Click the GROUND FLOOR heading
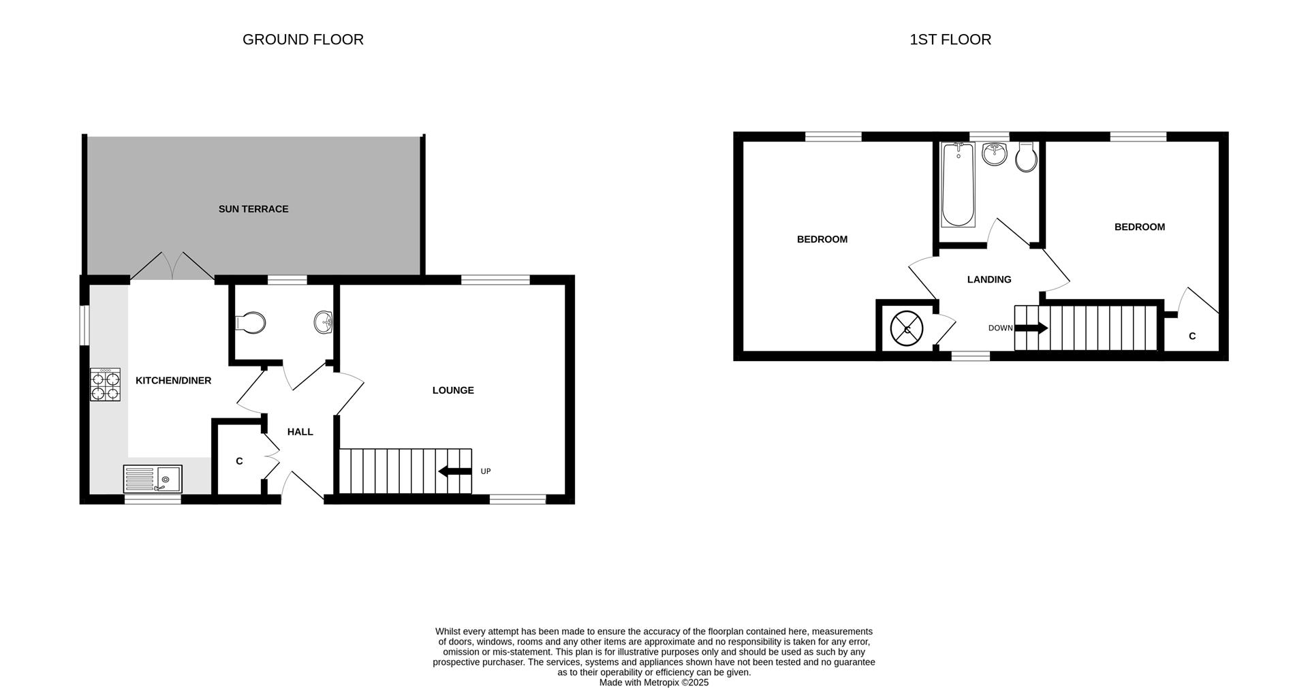tap(302, 40)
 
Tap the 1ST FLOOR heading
tap(950, 40)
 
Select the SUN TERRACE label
tap(253, 209)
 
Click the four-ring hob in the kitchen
tap(105, 384)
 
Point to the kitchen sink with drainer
tap(153, 478)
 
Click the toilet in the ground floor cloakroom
tap(251, 322)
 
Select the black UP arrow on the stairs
tap(455, 471)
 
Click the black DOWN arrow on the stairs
tap(1031, 328)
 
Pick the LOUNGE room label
tap(453, 390)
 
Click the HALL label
tap(300, 432)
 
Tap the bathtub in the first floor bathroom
tap(957, 185)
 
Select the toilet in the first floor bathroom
tap(1025, 157)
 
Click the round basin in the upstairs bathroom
tap(994, 154)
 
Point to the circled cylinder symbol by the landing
tap(906, 329)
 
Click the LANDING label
tap(989, 279)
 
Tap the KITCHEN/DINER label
tap(173, 381)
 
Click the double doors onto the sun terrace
tap(172, 266)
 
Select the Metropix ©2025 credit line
tap(653, 682)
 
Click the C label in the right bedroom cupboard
tap(1192, 337)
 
